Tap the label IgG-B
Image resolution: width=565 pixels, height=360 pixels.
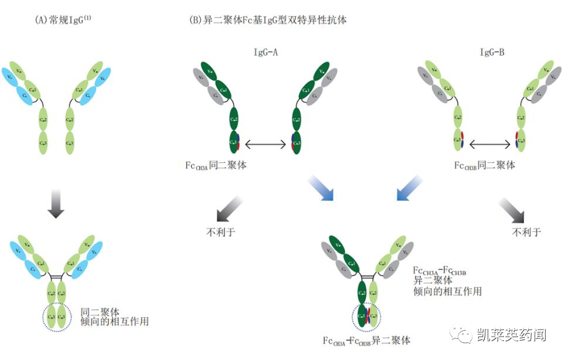(492, 53)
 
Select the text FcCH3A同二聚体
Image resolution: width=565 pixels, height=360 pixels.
(216, 166)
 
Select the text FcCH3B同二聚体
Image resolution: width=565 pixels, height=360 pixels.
(485, 166)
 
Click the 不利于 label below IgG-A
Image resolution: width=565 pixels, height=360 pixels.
(221, 232)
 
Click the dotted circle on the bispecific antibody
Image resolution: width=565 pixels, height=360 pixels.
(366, 317)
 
